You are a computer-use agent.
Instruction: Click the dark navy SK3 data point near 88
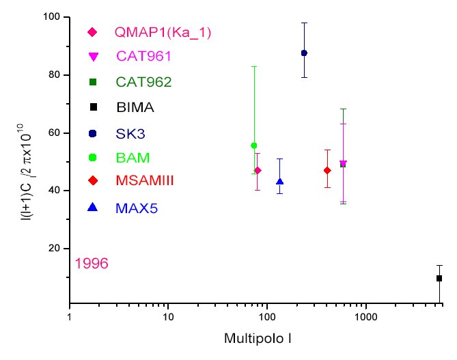(304, 53)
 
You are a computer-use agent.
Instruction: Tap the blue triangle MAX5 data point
(279, 182)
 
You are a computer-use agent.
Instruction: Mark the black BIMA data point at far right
(439, 278)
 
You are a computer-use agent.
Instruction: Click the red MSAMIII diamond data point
(327, 170)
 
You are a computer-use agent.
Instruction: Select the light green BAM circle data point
(254, 146)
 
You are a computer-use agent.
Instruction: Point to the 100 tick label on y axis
(51, 16)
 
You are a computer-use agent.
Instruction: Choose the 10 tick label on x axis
(168, 318)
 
